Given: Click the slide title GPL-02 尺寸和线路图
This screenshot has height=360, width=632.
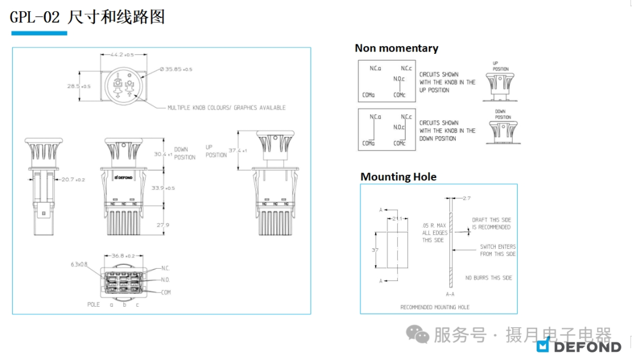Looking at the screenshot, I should [87, 17].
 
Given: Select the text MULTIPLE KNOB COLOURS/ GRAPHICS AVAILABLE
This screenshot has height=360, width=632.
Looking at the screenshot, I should [226, 108].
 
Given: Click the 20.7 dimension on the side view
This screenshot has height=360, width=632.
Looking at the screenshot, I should [73, 180].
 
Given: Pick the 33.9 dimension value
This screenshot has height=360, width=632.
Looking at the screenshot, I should [164, 188].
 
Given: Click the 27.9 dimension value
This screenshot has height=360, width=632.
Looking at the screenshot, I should [163, 225].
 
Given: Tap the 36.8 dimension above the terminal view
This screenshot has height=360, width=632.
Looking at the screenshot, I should [123, 256].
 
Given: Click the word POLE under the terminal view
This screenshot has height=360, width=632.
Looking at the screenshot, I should [94, 304].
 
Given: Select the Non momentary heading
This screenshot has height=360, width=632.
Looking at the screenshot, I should [396, 48].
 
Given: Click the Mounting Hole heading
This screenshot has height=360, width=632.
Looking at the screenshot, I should [398, 177].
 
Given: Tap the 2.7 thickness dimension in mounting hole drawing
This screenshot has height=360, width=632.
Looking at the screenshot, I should [466, 198].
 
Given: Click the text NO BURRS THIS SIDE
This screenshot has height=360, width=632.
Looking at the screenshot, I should [488, 277].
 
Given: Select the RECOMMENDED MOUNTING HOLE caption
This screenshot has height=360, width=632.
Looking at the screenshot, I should [434, 307].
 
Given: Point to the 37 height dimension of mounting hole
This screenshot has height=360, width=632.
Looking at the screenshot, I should [375, 250].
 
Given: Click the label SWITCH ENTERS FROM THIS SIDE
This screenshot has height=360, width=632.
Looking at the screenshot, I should [497, 250].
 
